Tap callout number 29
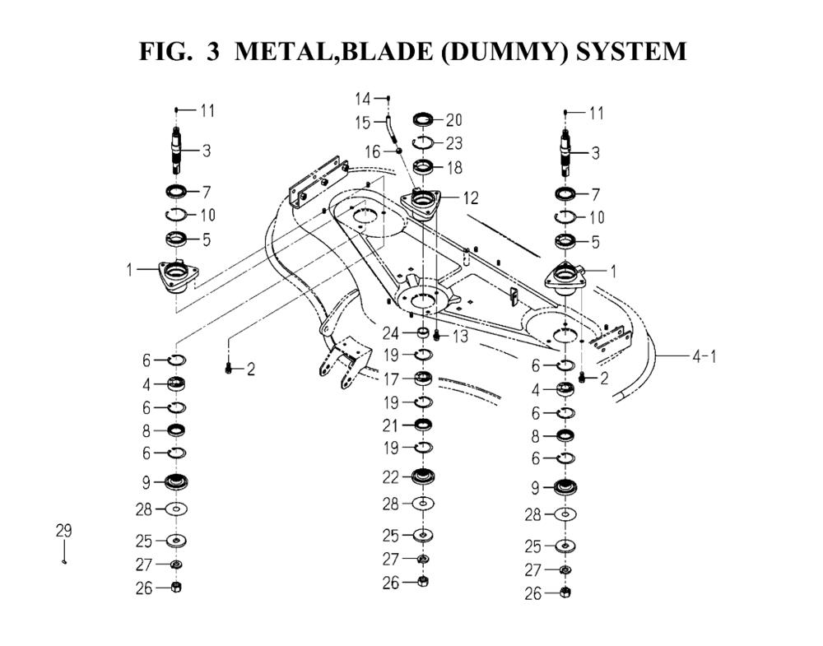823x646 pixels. (x=63, y=531)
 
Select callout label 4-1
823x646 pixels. (x=704, y=356)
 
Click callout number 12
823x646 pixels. (x=470, y=198)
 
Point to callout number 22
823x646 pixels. (x=390, y=477)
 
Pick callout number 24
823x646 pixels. (x=390, y=333)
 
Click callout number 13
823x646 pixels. (x=460, y=337)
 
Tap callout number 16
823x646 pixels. (x=373, y=152)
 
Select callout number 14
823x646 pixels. (x=363, y=99)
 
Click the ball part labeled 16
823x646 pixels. (x=399, y=151)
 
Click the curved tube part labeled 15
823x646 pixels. (x=391, y=128)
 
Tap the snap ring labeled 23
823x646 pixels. (x=423, y=142)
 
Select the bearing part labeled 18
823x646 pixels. (x=423, y=168)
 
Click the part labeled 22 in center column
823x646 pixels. (x=423, y=476)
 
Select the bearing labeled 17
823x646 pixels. (x=422, y=379)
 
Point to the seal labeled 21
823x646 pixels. (x=423, y=424)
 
